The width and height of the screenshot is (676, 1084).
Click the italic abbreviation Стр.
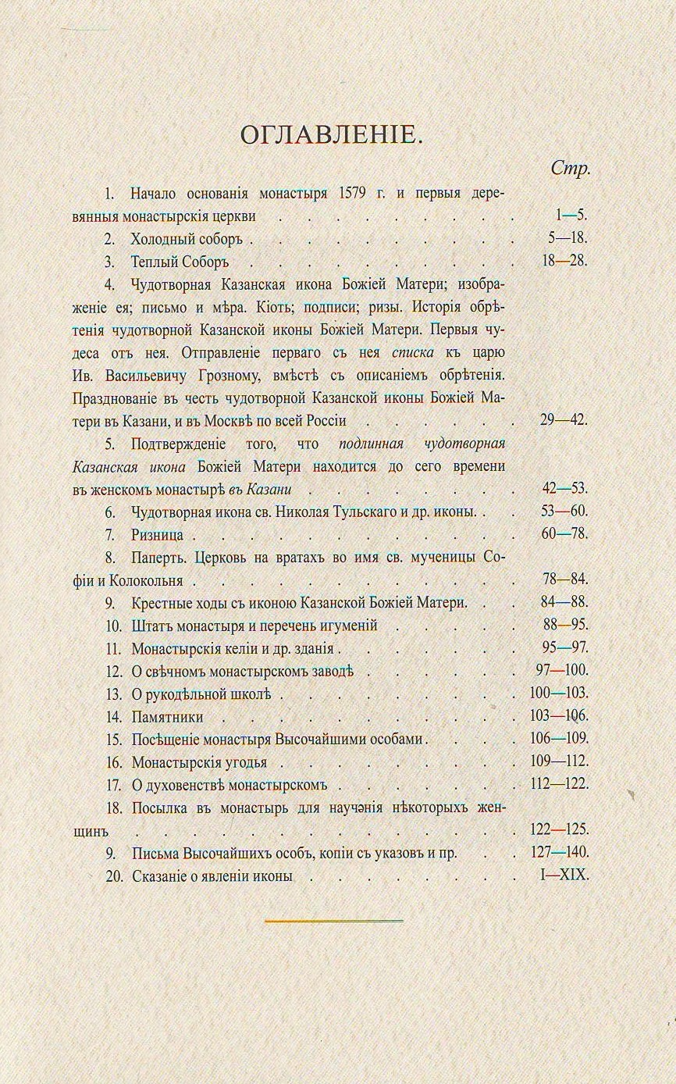[x=570, y=168]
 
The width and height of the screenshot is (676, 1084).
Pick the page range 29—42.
[x=563, y=420]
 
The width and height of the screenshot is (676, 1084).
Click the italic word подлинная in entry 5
[x=371, y=444]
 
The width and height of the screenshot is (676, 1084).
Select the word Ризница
[x=157, y=535]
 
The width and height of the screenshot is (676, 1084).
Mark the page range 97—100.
[x=560, y=671]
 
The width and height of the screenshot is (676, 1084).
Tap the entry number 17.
[x=114, y=784]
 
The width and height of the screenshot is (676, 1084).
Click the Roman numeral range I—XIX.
[x=564, y=875]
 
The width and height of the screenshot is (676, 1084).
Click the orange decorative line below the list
[x=333, y=922]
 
